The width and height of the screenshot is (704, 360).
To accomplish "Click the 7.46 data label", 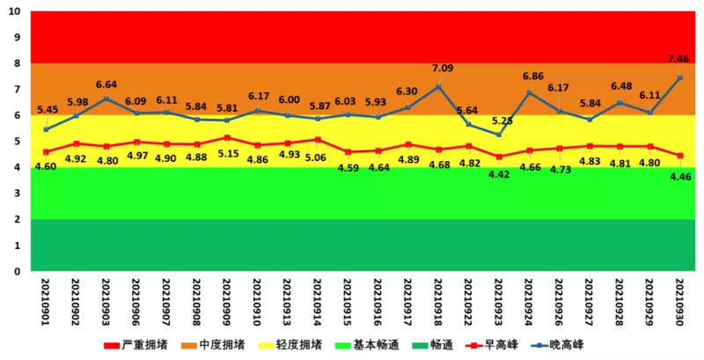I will [x=678, y=59].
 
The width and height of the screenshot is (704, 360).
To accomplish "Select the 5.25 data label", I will [x=502, y=121].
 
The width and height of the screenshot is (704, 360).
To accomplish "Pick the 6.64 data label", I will [x=107, y=84].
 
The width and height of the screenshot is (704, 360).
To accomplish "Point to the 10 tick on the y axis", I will [x=15, y=12].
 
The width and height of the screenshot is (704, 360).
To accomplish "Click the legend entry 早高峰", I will [x=502, y=345].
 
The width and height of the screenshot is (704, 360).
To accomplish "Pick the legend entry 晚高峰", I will [x=575, y=345].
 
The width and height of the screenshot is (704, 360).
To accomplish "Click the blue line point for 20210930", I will [x=679, y=77].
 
